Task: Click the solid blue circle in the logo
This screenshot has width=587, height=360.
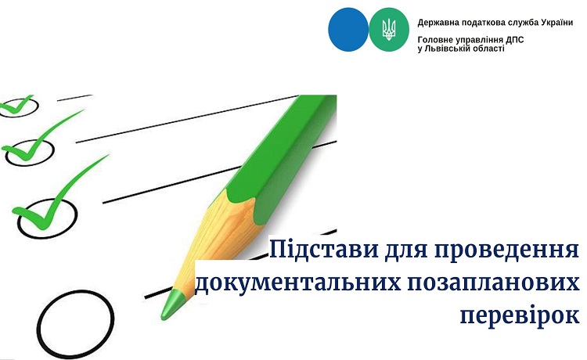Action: click(x=348, y=30)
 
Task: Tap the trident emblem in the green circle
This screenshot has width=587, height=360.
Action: click(x=389, y=30)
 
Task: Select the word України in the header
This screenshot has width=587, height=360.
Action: click(x=556, y=23)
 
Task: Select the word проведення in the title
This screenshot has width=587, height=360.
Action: click(x=506, y=250)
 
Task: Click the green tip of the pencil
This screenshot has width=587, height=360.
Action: click(x=172, y=304)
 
